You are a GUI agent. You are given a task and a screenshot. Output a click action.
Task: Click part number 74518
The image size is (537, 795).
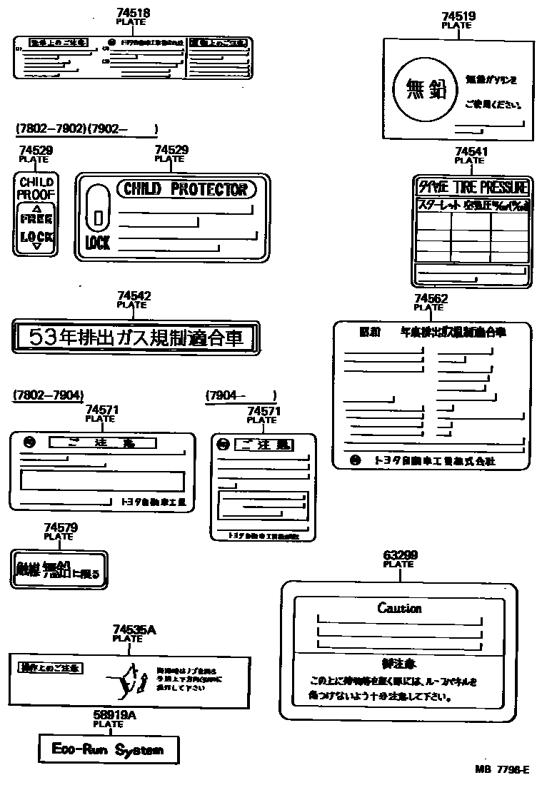(132, 13)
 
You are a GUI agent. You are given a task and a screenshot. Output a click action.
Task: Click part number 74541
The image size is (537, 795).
(471, 152)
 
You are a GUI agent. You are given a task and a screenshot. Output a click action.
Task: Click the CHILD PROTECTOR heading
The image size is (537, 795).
(185, 189)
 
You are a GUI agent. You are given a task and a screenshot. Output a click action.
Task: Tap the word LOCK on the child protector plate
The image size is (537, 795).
(97, 243)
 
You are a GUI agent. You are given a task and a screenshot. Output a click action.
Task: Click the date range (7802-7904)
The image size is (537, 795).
(48, 395)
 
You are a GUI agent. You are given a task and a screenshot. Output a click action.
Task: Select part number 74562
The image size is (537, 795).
(431, 299)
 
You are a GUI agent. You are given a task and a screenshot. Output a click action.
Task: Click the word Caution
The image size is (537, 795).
(399, 608)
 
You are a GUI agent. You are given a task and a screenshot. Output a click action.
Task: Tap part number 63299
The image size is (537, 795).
(400, 555)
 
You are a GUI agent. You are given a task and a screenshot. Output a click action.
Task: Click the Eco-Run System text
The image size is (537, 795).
(107, 749)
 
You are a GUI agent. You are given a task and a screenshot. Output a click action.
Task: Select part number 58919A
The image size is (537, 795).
(109, 715)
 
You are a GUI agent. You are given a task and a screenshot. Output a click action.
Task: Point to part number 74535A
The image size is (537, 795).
(134, 629)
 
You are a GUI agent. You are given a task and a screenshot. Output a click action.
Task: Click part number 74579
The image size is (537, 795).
(61, 528)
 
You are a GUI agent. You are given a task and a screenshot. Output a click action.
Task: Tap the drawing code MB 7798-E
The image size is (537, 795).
(501, 770)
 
